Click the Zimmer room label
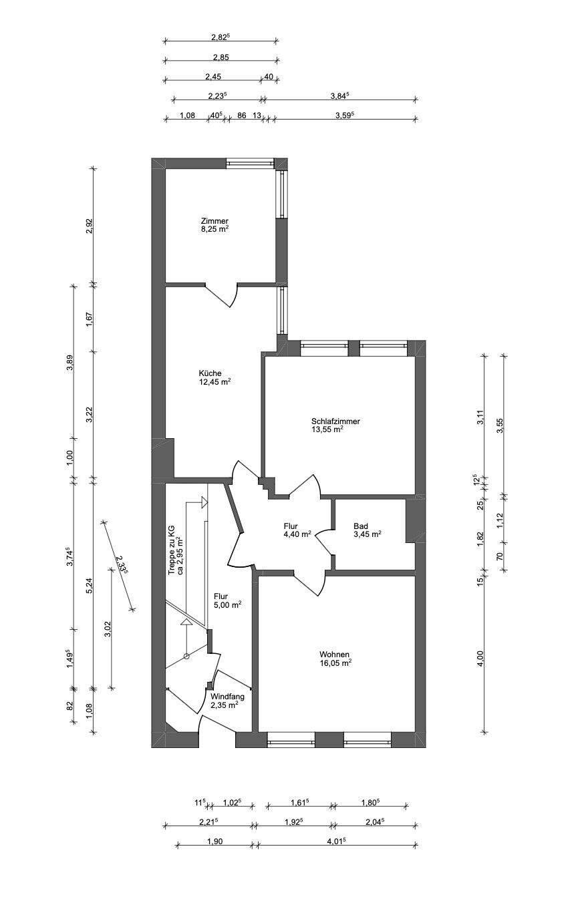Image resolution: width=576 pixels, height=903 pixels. (x=214, y=221)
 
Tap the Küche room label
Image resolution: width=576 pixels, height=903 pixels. (x=210, y=373)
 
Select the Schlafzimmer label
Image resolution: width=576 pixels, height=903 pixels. (x=335, y=421)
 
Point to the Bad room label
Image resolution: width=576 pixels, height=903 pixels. (x=361, y=526)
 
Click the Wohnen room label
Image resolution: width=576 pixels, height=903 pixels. (x=334, y=655)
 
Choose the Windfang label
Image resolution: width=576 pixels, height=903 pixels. (x=227, y=696)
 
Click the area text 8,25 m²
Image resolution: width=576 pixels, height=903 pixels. (x=214, y=229)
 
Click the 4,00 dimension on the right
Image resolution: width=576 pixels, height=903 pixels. (x=479, y=658)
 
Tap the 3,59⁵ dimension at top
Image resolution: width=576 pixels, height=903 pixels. (x=343, y=115)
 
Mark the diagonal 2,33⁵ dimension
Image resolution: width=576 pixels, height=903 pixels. (x=121, y=565)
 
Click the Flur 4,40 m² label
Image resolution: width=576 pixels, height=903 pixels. (x=295, y=530)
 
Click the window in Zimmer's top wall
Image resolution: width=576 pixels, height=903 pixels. (x=250, y=163)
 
